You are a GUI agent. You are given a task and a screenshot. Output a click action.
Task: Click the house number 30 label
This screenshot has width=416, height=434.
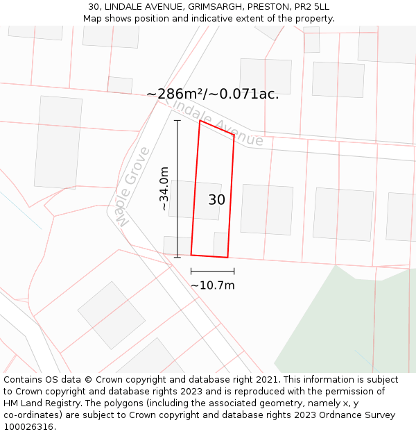[x=216, y=200]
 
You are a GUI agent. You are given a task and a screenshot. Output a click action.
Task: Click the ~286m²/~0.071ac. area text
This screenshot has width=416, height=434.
[x=212, y=94]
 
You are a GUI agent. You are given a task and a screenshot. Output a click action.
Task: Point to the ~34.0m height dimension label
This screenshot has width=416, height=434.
[x=164, y=188]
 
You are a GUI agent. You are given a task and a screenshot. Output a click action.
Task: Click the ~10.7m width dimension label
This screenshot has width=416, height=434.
[x=212, y=285]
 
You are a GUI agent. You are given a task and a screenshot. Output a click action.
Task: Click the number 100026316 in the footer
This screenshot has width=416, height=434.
[x=28, y=427]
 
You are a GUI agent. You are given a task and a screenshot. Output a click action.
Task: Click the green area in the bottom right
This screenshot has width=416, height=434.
[x=347, y=326]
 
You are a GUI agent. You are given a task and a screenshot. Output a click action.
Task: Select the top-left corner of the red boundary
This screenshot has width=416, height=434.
[x=200, y=121]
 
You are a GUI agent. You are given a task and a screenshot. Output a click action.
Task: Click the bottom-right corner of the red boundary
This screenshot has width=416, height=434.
[x=227, y=258]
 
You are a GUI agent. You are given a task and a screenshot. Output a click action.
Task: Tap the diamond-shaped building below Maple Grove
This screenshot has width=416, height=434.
[x=111, y=315]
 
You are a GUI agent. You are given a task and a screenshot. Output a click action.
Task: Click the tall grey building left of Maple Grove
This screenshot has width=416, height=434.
[x=58, y=142]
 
